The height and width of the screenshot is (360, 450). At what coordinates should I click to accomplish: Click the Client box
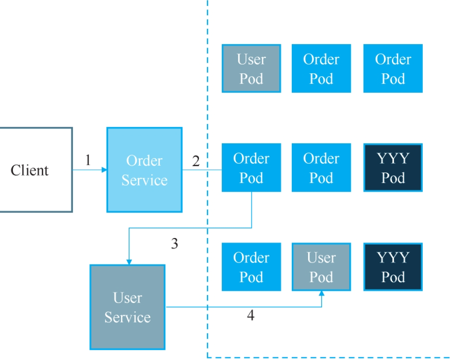pos(36,170)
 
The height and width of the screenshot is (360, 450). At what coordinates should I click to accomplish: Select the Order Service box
pos(144,170)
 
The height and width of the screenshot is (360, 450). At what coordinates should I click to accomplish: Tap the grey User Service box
pos(128,307)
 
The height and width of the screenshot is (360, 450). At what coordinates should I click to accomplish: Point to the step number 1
pos(88,160)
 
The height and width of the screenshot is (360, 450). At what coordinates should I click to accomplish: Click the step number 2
pos(196,161)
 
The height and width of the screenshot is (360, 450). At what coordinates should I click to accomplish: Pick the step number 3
pos(174,244)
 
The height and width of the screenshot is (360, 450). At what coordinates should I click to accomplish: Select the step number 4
pos(251,315)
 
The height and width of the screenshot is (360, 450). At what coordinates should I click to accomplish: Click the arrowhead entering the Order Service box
pos(104,170)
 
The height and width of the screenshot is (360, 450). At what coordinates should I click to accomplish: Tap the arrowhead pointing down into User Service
pos(129,262)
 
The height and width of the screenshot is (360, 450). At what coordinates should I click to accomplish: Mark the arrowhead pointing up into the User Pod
pos(321,293)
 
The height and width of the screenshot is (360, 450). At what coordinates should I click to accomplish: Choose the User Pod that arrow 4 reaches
pos(321,267)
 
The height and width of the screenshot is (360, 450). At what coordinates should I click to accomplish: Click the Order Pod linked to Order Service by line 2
pos(251,167)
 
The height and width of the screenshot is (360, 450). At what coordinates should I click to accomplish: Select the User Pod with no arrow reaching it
pos(251,68)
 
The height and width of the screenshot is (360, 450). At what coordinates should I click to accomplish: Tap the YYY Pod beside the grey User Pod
pos(393,267)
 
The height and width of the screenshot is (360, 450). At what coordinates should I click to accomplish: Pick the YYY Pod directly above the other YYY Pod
pos(393,167)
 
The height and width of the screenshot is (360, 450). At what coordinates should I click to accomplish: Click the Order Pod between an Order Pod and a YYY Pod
pos(321,167)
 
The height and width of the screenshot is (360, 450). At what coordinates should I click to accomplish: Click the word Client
pos(30,170)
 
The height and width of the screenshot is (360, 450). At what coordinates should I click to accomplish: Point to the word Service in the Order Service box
pos(144,180)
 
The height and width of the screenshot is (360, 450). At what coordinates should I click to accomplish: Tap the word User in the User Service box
pos(128,298)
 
